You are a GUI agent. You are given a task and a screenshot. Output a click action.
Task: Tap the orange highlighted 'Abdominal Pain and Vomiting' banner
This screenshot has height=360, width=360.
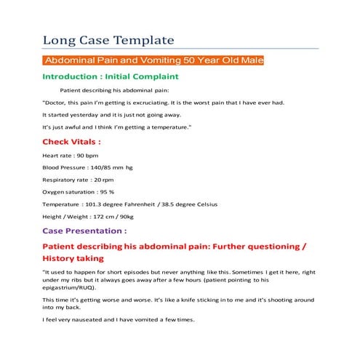(153, 60)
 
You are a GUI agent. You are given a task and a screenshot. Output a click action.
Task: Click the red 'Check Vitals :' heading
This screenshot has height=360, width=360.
(71, 141)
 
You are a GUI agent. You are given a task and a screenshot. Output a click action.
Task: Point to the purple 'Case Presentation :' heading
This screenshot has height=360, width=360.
(84, 230)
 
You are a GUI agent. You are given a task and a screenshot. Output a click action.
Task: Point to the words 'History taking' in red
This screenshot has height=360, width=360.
(73, 258)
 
